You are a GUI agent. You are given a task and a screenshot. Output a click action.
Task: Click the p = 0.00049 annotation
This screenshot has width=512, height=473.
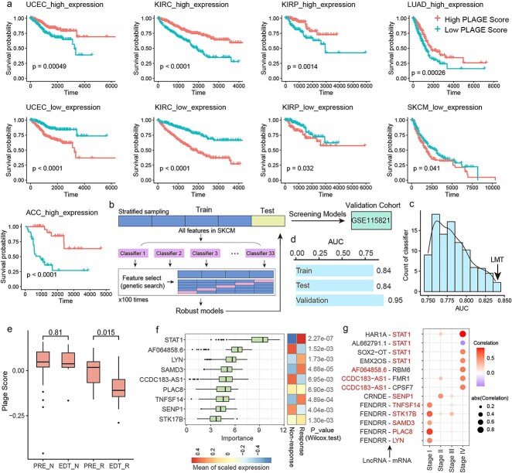pyautogui.click(x=52, y=88)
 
